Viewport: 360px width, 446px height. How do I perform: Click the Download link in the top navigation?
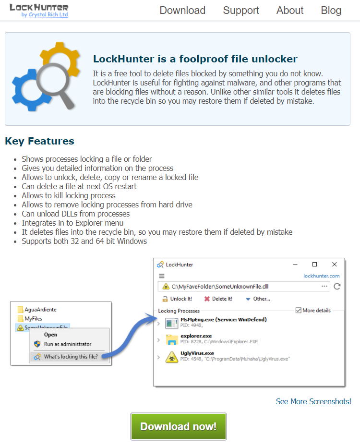(x=182, y=11)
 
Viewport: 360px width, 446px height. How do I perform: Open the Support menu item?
(x=241, y=11)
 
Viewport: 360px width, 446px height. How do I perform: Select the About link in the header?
(x=290, y=11)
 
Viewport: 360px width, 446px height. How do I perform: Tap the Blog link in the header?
(x=331, y=11)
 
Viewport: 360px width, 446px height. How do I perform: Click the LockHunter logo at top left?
(x=39, y=10)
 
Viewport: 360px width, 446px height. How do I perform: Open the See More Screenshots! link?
(x=313, y=401)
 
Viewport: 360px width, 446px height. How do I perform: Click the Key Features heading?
(x=39, y=141)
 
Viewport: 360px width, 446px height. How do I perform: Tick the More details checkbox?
(x=299, y=310)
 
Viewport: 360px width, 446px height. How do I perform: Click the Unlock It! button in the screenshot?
(x=177, y=299)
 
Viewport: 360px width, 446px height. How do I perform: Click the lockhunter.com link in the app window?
(x=321, y=276)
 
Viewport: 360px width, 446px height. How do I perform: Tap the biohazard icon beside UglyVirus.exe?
(x=171, y=356)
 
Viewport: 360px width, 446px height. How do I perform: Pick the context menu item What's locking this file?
(x=70, y=357)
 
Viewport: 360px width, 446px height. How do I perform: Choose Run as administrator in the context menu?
(x=67, y=344)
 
